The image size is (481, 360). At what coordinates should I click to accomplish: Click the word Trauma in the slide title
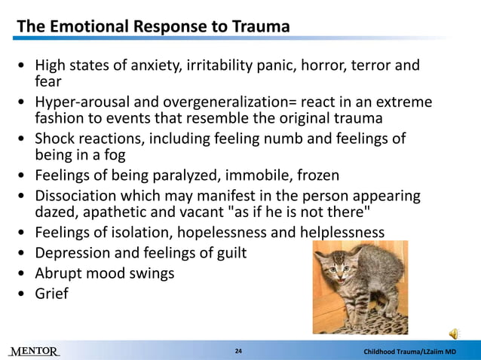tap(258, 27)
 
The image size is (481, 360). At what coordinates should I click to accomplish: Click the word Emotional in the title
tap(87, 27)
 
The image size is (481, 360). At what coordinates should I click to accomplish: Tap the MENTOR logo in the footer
tap(34, 352)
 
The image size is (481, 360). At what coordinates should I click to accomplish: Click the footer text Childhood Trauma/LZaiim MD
tap(410, 352)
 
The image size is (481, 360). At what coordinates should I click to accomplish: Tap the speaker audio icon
tap(455, 334)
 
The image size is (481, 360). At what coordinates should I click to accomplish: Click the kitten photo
tap(360, 287)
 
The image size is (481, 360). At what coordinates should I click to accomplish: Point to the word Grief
tap(51, 293)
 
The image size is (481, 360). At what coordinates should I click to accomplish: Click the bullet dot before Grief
tap(22, 294)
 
